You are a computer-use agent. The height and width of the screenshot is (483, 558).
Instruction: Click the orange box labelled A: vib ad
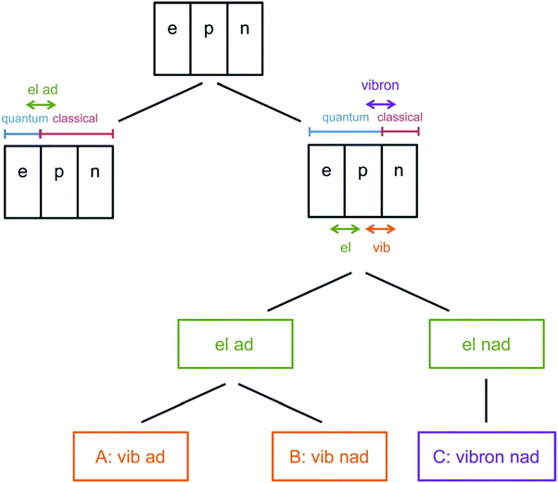130,455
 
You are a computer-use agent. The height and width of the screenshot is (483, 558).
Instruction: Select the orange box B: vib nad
329,455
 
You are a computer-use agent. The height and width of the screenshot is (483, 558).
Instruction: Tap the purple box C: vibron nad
488,455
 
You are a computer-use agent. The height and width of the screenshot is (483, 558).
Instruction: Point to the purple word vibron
380,84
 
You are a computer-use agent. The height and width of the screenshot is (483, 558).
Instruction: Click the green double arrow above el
345,229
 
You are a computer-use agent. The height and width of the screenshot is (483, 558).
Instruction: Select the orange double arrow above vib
381,229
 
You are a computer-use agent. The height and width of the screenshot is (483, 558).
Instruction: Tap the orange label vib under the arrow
381,248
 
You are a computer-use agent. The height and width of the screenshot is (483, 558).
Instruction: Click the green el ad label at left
42,90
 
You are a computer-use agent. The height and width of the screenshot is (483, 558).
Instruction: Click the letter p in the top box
209,30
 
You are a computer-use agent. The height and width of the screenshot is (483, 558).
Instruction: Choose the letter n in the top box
245,30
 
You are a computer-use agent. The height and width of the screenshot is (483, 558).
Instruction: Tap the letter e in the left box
22,174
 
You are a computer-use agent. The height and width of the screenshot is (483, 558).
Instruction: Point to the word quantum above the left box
25,119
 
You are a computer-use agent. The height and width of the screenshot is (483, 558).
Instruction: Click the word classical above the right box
400,118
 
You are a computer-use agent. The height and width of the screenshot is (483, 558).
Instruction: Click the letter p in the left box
58,174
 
